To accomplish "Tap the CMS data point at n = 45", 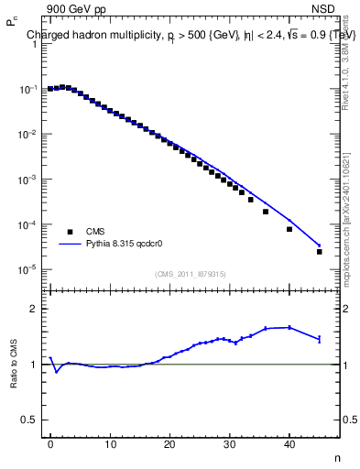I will click(x=319, y=251).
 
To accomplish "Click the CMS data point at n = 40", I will click(x=289, y=229).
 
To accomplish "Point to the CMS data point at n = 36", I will click(x=266, y=212).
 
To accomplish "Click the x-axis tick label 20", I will click(x=169, y=446).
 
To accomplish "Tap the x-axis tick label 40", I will click(x=289, y=446).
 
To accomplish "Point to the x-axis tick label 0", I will click(x=50, y=446).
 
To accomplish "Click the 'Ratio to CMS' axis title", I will click(x=15, y=365).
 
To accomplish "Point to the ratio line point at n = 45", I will click(x=319, y=339).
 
